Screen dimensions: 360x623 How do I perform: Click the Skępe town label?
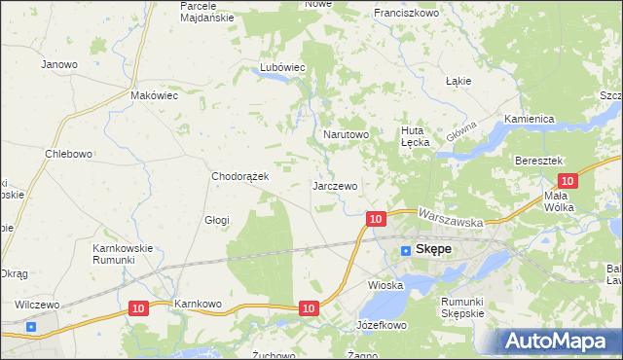tap(433, 249)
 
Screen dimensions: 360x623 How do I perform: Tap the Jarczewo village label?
tap(336, 185)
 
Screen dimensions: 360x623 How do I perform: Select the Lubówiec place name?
tap(282, 67)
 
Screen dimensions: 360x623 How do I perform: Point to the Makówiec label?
tap(154, 96)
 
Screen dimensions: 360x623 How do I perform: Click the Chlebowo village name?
tap(68, 154)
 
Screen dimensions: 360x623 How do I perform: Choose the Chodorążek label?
tap(247, 176)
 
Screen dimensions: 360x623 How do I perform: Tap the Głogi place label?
tap(216, 220)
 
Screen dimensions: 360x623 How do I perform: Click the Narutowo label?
tap(346, 134)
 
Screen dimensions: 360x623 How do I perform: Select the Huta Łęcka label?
tap(416, 135)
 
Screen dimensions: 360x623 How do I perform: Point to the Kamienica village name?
tap(529, 119)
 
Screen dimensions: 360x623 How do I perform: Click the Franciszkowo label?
tap(407, 14)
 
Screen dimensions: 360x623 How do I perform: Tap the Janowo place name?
tap(58, 64)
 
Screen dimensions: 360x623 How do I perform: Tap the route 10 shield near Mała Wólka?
tap(569, 180)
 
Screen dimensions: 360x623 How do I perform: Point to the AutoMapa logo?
tap(560, 341)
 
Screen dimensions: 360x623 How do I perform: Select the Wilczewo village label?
tap(37, 305)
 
